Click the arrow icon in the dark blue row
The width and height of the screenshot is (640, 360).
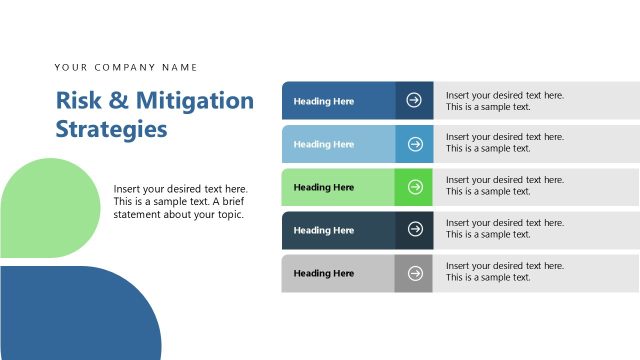click(x=415, y=101)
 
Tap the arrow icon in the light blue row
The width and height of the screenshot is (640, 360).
click(x=415, y=144)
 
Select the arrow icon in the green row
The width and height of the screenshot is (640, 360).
click(x=415, y=187)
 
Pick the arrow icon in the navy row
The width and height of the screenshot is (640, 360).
click(x=415, y=230)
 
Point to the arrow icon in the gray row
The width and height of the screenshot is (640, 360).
click(x=415, y=273)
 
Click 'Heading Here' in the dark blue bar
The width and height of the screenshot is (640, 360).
click(x=324, y=101)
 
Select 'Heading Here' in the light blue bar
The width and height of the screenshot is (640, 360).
click(x=324, y=144)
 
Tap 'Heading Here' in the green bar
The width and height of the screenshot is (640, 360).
click(x=324, y=187)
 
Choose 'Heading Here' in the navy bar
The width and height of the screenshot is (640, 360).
click(x=324, y=230)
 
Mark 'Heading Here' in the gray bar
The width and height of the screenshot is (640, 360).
click(x=324, y=273)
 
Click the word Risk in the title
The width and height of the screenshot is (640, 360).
click(x=76, y=101)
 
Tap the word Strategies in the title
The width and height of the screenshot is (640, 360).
click(x=111, y=129)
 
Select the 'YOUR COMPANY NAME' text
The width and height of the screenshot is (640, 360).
click(x=126, y=68)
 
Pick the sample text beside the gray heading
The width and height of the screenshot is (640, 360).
click(x=504, y=272)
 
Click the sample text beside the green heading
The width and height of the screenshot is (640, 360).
click(x=504, y=186)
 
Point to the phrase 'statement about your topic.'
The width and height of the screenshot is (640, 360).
click(x=179, y=214)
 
